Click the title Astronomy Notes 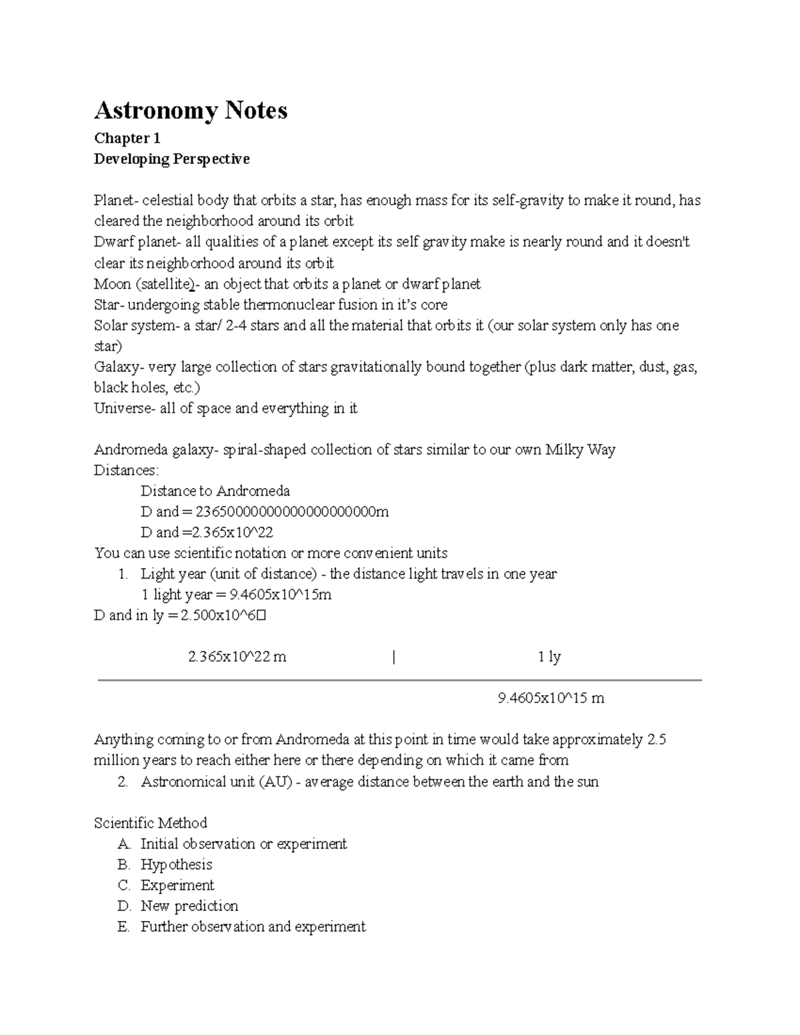coord(191,111)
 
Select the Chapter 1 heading coord(127,139)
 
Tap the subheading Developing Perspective coord(171,159)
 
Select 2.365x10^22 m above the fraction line coord(237,657)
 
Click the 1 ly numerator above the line coord(549,657)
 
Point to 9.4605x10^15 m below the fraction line coord(551,698)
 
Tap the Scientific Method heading coord(150,823)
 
